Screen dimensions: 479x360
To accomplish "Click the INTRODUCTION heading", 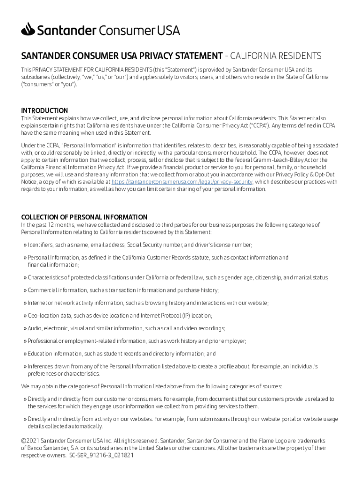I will (x=44, y=110).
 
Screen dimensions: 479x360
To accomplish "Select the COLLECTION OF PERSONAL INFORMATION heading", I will (x=84, y=217).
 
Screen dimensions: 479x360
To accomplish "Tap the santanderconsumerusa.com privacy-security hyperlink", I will (x=182, y=181).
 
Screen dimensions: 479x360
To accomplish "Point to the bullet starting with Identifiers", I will (x=140, y=245).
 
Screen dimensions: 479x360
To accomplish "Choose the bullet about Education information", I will (x=122, y=354).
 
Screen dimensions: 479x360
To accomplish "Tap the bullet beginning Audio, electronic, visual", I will (x=126, y=328).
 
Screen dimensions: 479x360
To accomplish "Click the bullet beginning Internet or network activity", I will (x=148, y=303).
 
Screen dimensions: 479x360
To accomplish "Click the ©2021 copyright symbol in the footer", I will (x=24, y=441).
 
